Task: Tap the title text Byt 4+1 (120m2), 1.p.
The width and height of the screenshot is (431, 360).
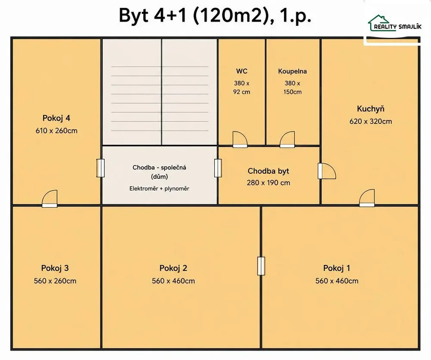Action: [215, 16]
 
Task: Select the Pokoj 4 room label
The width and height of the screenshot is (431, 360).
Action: [56, 118]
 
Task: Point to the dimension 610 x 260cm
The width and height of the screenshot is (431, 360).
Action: [56, 131]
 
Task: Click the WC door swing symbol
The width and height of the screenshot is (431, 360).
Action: [240, 139]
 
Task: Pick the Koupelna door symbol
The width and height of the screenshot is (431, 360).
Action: [287, 139]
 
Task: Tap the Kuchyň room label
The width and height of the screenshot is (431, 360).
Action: [371, 109]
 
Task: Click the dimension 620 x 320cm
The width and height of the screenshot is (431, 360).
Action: [371, 121]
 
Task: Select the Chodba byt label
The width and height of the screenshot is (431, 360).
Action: [268, 171]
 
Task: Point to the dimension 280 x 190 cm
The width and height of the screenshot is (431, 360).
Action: [268, 183]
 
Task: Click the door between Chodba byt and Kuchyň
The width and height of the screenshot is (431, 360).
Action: [327, 171]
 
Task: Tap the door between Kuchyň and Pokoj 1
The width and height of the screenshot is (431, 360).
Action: [367, 198]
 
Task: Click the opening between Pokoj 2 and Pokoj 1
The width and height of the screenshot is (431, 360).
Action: [261, 266]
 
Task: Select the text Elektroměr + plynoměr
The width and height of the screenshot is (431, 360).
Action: [159, 188]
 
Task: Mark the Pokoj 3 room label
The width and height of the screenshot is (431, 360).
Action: [55, 268]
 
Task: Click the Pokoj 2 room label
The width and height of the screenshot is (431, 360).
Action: [173, 268]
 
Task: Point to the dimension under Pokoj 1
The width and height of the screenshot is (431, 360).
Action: [337, 281]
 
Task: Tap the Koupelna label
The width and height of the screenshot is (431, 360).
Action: [292, 71]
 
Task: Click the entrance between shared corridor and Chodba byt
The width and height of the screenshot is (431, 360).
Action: [218, 168]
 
